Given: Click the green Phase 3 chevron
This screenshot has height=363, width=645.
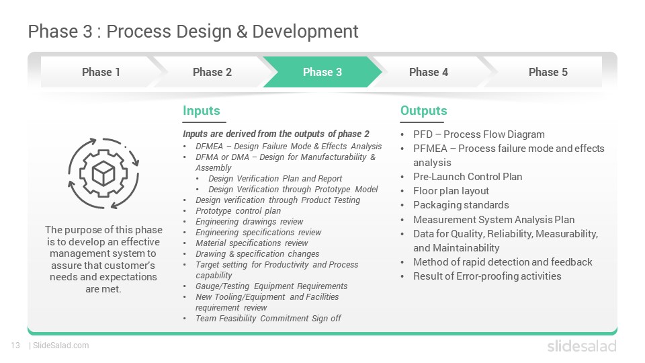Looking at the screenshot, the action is tap(322, 72).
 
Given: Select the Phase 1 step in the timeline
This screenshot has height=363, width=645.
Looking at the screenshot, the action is tap(101, 72).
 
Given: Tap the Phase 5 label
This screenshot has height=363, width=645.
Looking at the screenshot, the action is tap(548, 72).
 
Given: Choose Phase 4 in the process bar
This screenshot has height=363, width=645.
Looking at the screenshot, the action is tap(428, 72).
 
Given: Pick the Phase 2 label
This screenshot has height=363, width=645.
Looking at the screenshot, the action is tap(212, 72).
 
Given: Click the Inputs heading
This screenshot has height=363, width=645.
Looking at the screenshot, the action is tap(201, 111).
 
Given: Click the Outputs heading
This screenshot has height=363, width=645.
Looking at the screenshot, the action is tap(424, 111).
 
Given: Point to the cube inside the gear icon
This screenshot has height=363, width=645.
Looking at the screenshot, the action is tap(103, 173).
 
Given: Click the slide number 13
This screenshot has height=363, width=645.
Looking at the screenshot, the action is tap(15, 346).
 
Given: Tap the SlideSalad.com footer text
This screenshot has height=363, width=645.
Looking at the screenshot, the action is tap(60, 346).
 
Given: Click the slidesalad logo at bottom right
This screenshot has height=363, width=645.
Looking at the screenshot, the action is tap(582, 346).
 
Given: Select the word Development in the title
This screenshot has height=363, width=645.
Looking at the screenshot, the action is tap(305, 32).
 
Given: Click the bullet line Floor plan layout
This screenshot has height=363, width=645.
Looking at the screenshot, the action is tap(451, 191).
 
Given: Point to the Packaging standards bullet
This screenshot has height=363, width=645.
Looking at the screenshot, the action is tap(461, 205).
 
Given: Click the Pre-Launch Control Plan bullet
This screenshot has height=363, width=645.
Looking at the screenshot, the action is tap(468, 177).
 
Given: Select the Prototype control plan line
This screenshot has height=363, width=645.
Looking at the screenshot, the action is tap(238, 210).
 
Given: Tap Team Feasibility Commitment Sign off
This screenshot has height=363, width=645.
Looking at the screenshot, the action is tap(268, 318).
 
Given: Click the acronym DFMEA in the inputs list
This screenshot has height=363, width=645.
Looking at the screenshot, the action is tap(209, 146).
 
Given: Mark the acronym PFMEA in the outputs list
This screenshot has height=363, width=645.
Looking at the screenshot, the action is tap(430, 148).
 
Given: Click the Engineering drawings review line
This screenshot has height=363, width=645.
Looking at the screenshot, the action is tap(249, 221).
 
